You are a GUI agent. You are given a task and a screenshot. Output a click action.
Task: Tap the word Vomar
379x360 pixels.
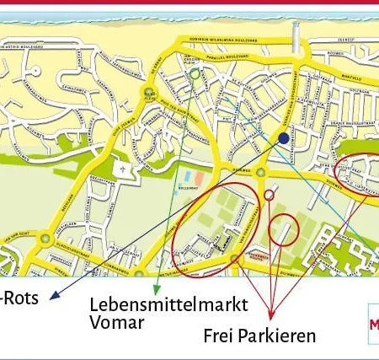117,322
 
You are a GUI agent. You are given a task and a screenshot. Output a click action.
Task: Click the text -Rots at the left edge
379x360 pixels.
19,298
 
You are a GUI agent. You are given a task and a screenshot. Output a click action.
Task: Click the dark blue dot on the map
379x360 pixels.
284,137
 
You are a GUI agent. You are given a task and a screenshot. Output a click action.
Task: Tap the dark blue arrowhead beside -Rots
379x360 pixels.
52,296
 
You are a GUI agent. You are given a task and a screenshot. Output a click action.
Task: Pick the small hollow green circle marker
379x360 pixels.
195,74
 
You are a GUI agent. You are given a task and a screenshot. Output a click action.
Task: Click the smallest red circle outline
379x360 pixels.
269,195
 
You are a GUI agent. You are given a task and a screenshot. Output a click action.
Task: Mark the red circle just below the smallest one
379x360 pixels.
284,229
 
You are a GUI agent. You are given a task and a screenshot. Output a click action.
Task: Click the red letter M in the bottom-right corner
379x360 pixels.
373,324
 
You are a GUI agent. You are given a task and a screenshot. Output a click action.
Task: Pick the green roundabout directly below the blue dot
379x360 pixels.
260,173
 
